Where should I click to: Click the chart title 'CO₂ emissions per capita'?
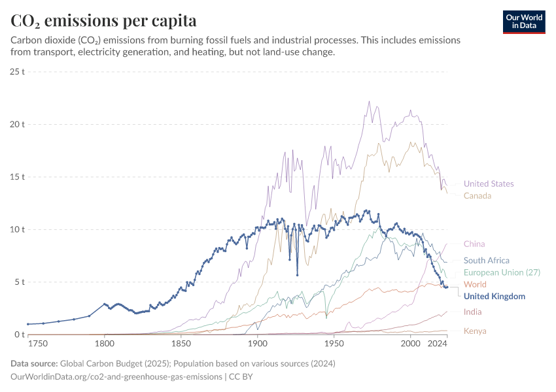click(103, 21)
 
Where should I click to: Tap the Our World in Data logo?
click(524, 22)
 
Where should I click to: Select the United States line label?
click(489, 184)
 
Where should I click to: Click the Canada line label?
click(478, 195)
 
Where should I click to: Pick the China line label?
click(474, 244)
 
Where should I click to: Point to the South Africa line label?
click(486, 260)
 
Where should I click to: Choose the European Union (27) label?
click(502, 272)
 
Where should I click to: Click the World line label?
click(475, 284)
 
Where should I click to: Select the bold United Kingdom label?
click(494, 296)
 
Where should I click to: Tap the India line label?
click(473, 312)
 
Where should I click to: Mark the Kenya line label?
click(475, 331)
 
